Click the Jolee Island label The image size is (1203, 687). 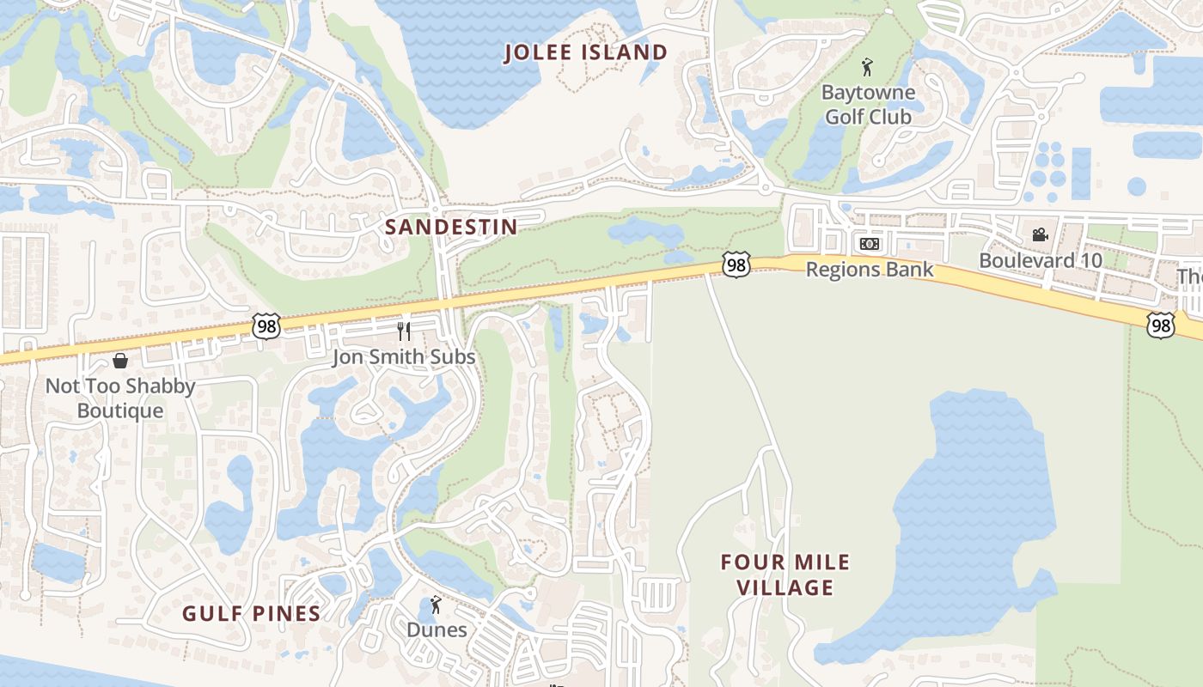click(585, 52)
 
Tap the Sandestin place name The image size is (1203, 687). click(451, 227)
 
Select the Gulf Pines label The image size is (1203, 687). click(251, 613)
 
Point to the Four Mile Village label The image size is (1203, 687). click(785, 575)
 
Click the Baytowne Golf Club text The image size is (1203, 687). click(868, 104)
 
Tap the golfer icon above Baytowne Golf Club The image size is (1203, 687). click(867, 67)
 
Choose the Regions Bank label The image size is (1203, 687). click(869, 270)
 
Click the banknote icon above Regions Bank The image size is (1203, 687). click(869, 244)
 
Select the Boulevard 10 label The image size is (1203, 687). click(1041, 260)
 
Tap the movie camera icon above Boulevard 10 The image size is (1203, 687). click(1040, 234)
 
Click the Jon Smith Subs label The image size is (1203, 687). click(404, 356)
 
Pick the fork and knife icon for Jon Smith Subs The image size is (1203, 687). click(404, 331)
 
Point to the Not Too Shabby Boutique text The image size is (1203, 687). click(120, 398)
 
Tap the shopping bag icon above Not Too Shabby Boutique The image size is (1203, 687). click(120, 361)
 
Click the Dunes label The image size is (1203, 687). click(437, 629)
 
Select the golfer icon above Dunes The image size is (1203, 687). click(436, 605)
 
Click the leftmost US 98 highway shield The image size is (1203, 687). click(266, 325)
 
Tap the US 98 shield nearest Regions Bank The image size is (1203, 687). click(736, 265)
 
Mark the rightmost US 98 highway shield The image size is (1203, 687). click(1161, 325)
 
